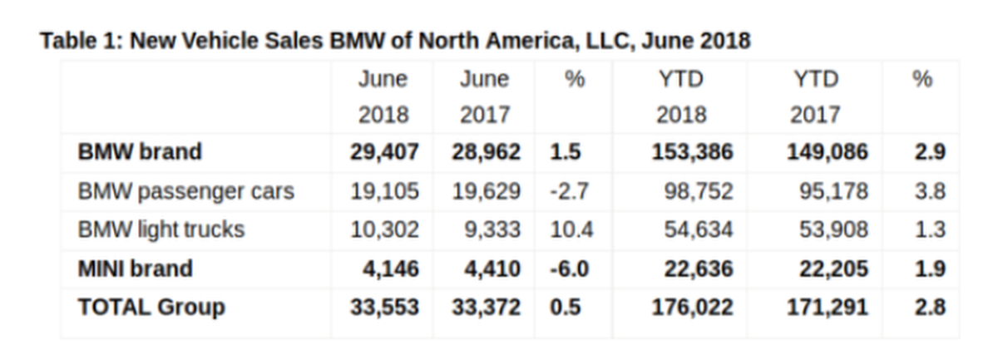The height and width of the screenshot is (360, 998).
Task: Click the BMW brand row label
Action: click(x=139, y=152)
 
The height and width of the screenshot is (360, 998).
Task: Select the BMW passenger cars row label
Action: click(x=185, y=191)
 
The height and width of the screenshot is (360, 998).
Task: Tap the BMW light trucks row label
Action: click(x=161, y=229)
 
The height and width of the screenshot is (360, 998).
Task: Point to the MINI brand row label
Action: click(x=134, y=269)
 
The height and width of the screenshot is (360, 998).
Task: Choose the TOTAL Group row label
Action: click(x=151, y=307)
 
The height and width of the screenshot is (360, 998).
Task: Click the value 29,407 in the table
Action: click(x=383, y=152)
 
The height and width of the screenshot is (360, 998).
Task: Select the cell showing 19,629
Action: click(x=487, y=191)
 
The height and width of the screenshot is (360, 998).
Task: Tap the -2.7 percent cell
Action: click(x=569, y=191)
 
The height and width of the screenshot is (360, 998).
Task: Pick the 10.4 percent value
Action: click(x=571, y=229)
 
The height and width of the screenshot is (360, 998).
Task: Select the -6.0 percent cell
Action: click(x=570, y=269)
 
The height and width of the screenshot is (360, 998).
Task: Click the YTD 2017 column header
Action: click(x=815, y=96)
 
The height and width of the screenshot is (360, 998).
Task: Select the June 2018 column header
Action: click(x=383, y=96)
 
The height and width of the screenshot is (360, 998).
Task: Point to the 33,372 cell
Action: click(x=487, y=307)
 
